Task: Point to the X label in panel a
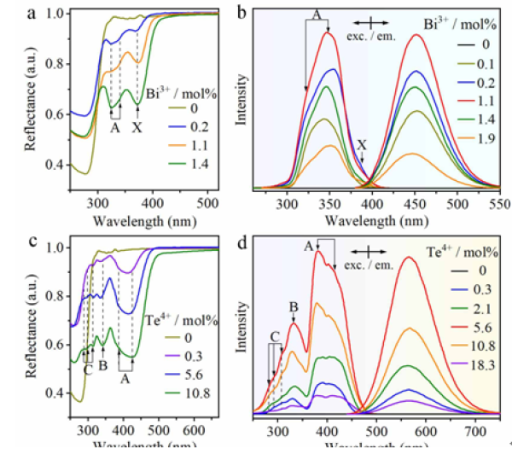[137, 126]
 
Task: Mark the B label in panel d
[293, 306]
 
